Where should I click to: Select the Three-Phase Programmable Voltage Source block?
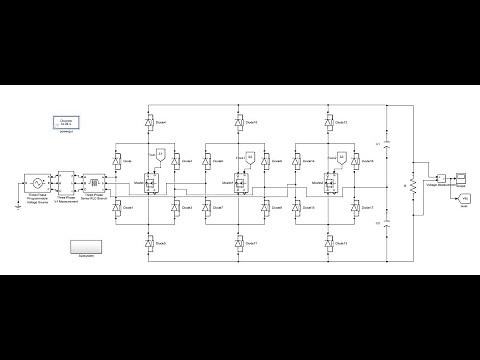coord(37,185)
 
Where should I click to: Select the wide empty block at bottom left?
coord(88,246)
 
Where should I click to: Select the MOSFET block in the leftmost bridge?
coord(150,183)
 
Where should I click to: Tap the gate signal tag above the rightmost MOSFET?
coord(342,157)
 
